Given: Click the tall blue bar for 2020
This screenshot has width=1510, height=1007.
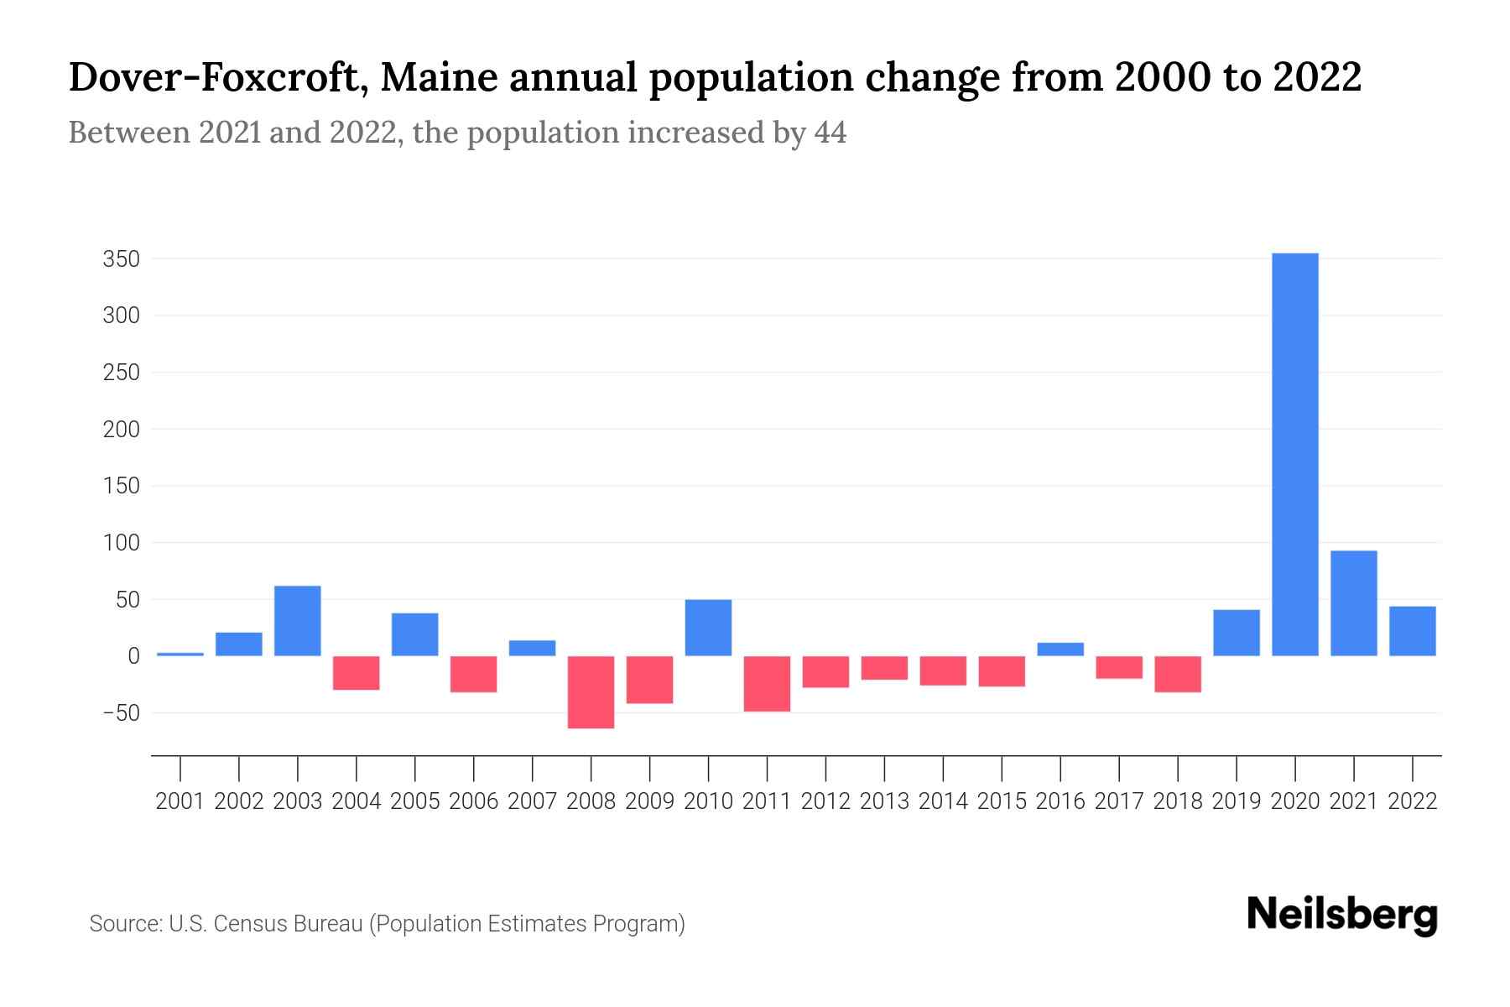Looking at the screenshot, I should [1294, 454].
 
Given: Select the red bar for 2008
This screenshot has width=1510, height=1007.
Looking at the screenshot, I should [591, 692].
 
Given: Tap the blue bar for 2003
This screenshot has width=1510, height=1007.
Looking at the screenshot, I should [297, 621].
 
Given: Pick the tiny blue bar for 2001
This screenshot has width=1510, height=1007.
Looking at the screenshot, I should [180, 654].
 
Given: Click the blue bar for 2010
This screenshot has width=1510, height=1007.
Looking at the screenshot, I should [708, 628].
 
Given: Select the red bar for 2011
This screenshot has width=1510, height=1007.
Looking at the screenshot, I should [767, 684].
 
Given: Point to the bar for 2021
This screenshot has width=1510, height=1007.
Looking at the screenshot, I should [1353, 603].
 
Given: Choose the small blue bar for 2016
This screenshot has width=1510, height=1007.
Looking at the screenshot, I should [1060, 650].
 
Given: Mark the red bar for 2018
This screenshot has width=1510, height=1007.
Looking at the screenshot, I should [1178, 674].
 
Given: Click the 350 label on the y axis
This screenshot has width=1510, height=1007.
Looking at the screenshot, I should [121, 259].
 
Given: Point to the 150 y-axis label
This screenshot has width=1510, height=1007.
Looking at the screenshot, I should [121, 487].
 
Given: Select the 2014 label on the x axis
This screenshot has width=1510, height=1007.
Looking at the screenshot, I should [943, 801].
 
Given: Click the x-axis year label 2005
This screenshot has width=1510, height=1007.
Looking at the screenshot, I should [414, 801].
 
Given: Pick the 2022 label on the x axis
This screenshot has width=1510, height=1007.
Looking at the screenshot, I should [1413, 801].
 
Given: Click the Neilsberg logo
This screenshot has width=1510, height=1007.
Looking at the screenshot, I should [1341, 916].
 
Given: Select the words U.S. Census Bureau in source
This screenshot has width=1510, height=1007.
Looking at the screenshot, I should [265, 924].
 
